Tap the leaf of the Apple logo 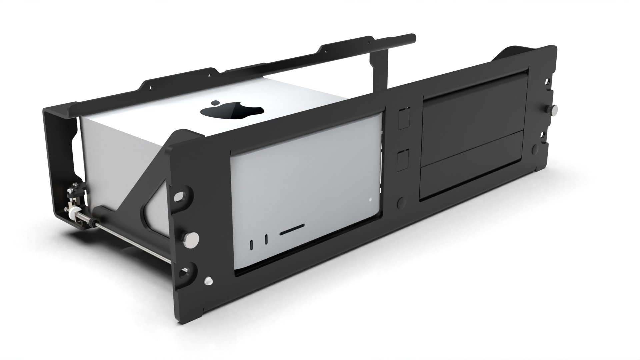pyautogui.click(x=216, y=102)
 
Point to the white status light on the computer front pyautogui.click(x=370, y=200)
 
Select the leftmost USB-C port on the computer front pyautogui.click(x=251, y=244)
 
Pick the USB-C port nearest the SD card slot pyautogui.click(x=266, y=239)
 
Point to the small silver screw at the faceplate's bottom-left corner pyautogui.click(x=209, y=280)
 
